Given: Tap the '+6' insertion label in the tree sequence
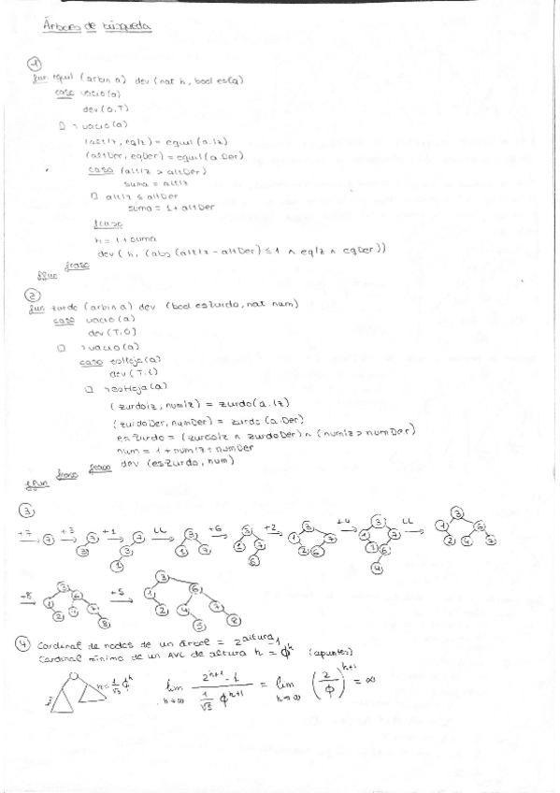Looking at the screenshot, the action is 215,527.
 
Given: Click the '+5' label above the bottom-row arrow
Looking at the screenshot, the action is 116,591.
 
